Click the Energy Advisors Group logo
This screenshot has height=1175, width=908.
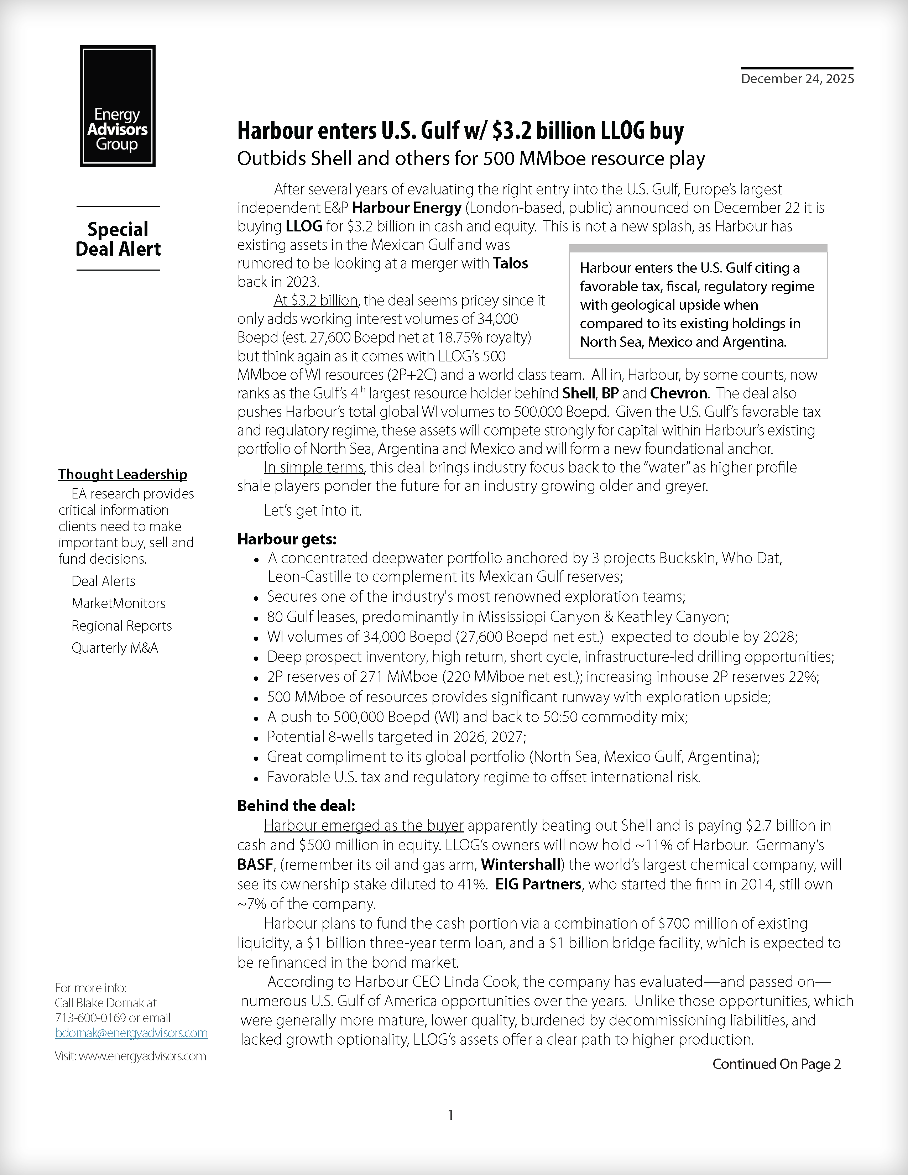click(x=117, y=106)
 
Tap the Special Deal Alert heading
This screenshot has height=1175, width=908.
click(x=118, y=239)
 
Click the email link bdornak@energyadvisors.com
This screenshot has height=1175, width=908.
click(x=131, y=1033)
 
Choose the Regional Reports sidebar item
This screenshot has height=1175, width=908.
click(x=121, y=626)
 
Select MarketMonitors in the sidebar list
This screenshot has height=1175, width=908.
click(x=118, y=603)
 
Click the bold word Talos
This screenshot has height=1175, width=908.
click(x=511, y=263)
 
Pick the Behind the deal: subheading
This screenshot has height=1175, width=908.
click(x=296, y=805)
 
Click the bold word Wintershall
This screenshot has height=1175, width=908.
click(x=520, y=865)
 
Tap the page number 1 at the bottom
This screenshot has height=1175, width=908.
click(x=450, y=1115)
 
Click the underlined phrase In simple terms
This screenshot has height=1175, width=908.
click(x=314, y=467)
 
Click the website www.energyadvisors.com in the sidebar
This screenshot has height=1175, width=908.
click(x=142, y=1056)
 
